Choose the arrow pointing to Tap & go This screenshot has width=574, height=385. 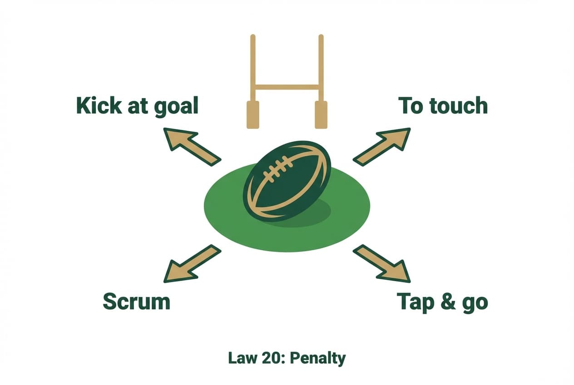382,263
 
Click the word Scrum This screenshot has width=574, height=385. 136,301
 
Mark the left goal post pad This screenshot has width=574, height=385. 252,114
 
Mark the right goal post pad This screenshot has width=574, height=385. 321,114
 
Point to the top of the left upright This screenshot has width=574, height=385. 253,36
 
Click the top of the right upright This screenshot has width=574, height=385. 321,36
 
